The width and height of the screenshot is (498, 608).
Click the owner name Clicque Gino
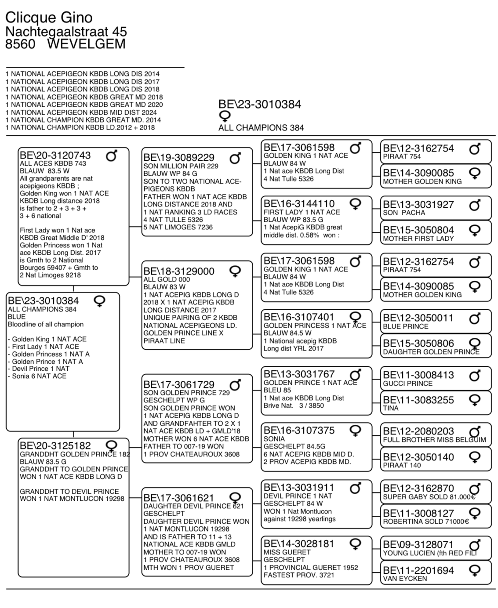coord(49,18)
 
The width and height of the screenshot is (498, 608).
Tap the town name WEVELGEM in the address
coord(86,44)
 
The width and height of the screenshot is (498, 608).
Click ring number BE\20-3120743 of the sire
coord(55,156)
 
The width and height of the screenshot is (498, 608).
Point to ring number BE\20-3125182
coord(55,446)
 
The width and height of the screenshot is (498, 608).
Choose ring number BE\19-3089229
coord(179,158)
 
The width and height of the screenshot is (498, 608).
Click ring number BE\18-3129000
coord(179,271)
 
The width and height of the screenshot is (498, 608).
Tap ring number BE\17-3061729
coord(179,385)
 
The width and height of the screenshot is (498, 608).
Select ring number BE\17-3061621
coord(179,498)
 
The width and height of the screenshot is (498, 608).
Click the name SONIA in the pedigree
coord(274,439)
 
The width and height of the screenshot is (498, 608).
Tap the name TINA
coord(391,408)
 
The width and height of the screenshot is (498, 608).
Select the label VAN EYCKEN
coord(405,579)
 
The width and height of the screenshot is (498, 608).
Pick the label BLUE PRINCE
coord(405,326)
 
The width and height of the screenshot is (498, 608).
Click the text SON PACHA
coord(404,213)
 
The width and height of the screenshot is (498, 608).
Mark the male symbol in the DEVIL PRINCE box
coord(356,488)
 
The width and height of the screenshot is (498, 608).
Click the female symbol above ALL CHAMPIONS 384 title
coord(225,116)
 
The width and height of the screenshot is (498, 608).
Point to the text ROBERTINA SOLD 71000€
coord(426,521)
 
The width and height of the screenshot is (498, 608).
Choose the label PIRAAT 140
coord(402,465)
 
